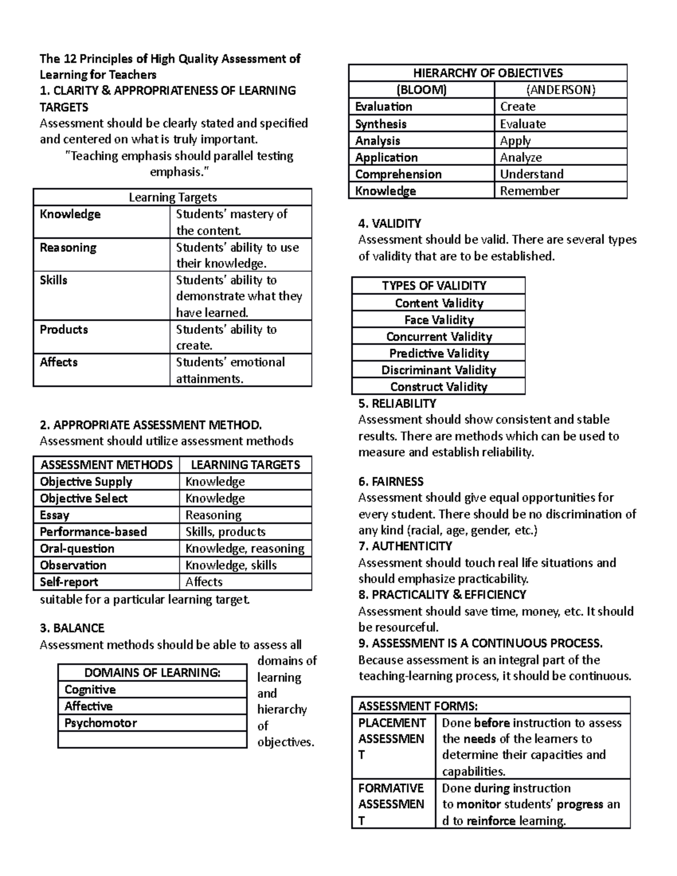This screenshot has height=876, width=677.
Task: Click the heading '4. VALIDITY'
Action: (389, 223)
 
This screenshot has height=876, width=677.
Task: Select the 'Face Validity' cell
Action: (438, 320)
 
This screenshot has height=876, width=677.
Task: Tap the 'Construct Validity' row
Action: (438, 386)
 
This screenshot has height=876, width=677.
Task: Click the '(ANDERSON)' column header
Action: (560, 90)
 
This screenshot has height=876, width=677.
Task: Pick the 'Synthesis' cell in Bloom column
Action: (381, 124)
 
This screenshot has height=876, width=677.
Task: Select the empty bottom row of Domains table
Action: (152, 739)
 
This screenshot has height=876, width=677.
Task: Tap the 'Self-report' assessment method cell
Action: (69, 582)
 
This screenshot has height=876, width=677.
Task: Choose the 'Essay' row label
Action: (55, 515)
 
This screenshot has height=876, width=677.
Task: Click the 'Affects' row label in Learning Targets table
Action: (59, 362)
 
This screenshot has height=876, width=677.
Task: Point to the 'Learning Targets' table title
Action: (173, 197)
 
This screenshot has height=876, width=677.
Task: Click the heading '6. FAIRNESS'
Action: (390, 481)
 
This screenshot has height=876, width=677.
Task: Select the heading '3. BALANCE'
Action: (72, 628)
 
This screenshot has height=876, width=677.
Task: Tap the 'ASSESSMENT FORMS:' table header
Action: (417, 706)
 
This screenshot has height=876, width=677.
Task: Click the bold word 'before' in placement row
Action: (492, 723)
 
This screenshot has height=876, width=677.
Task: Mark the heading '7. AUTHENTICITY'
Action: (405, 546)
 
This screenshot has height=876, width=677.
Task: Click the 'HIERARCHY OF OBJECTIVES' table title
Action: (487, 73)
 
